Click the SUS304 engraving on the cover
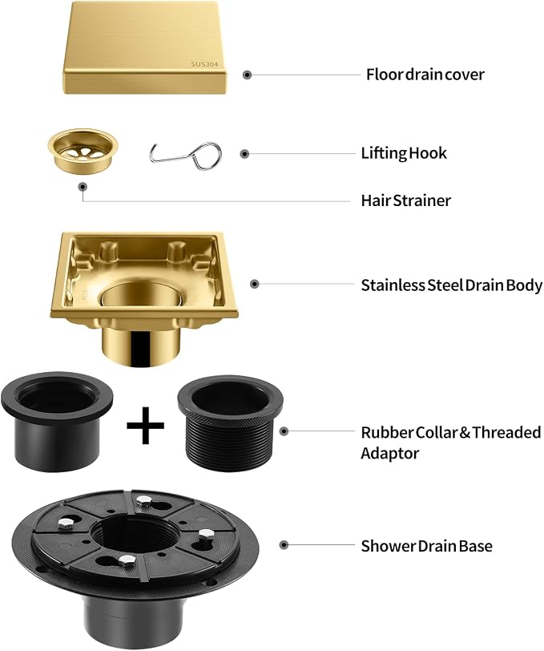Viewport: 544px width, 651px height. tap(204, 64)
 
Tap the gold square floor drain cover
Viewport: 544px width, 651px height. tap(145, 48)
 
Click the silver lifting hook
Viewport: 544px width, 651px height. tap(185, 156)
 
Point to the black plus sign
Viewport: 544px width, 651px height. tap(145, 425)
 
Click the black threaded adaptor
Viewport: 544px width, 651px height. tap(230, 423)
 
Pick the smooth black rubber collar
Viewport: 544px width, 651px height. tap(57, 421)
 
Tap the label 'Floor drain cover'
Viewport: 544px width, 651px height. tap(425, 75)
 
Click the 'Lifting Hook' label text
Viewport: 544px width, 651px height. tap(404, 153)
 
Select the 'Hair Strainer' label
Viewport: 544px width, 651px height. tap(406, 200)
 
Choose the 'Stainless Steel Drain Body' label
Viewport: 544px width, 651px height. tap(452, 285)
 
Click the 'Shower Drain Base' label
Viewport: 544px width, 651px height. tap(426, 546)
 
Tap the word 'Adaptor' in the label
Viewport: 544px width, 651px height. tap(389, 453)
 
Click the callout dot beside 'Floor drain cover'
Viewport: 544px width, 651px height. tap(248, 75)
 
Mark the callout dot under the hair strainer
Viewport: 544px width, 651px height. tap(83, 187)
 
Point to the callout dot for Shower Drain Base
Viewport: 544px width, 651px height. tap(284, 544)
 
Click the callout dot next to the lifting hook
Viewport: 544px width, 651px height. tap(245, 154)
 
